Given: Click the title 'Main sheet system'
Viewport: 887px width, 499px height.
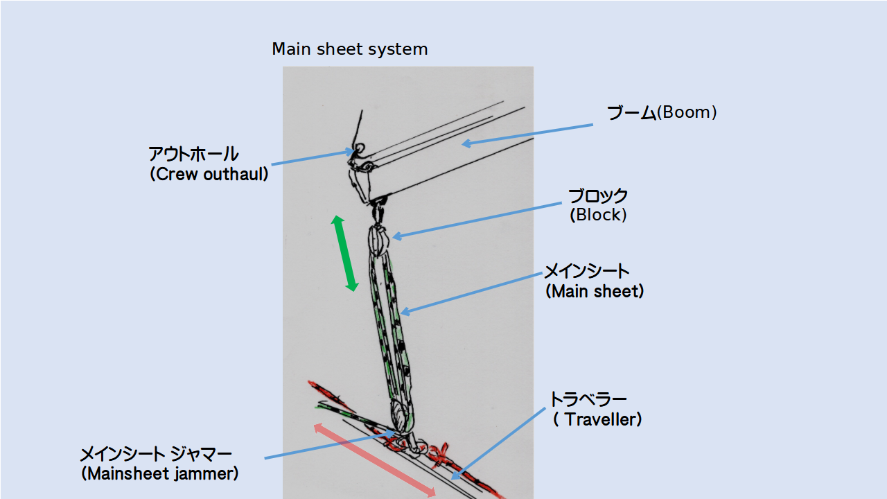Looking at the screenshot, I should point(349,50).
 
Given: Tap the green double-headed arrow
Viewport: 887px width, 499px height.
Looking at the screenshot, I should point(344,253).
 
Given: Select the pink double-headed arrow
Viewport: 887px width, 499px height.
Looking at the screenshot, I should point(375,459).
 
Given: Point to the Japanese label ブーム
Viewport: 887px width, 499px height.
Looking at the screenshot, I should point(631,113).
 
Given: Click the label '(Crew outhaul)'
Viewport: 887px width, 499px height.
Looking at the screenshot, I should point(209,175).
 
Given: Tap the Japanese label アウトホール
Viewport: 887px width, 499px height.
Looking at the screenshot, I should point(193,154).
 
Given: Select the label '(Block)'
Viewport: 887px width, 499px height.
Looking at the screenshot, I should point(598,216).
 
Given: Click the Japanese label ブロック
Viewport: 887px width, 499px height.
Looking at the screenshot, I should point(598,196).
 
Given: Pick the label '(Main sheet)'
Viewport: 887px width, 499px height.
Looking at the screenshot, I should point(595,292).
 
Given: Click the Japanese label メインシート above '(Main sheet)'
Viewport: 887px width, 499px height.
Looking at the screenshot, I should point(586,271).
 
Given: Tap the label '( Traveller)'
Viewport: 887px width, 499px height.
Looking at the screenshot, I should point(597,420).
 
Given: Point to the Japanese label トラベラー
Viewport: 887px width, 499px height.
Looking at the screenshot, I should point(588,400).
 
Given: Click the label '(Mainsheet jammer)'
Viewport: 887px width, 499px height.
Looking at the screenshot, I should point(159,475).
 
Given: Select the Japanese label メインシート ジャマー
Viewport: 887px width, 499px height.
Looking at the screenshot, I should point(156,455).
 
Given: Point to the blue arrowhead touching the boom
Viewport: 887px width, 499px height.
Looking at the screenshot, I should point(466,143).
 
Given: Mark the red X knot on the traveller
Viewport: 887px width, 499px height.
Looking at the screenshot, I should point(437,455).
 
